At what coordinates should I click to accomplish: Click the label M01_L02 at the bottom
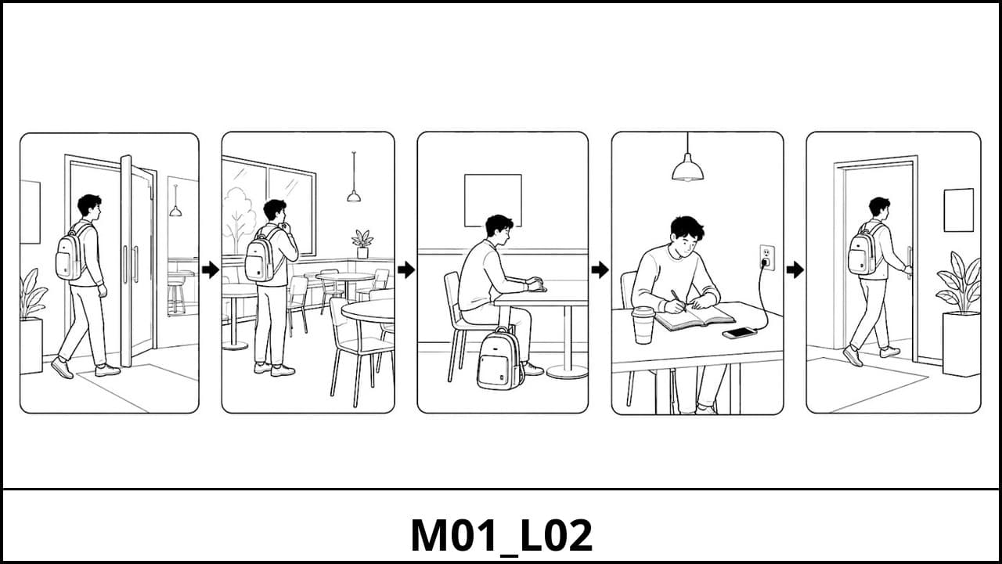(502, 536)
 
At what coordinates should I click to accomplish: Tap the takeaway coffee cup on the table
(643, 325)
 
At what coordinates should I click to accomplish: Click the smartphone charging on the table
(740, 333)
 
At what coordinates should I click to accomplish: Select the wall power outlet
(766, 258)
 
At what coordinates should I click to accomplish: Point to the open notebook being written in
(695, 316)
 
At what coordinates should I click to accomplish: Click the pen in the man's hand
(678, 300)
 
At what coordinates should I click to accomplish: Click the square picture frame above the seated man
(493, 201)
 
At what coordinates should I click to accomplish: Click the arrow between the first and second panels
(211, 270)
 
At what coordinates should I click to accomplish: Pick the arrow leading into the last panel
(795, 270)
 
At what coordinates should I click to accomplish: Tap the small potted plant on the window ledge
(362, 244)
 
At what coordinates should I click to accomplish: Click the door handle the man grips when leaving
(909, 262)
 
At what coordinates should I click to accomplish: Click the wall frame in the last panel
(959, 210)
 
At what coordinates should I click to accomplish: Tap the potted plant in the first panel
(32, 321)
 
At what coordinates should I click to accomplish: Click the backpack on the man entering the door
(71, 255)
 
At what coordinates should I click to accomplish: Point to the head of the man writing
(687, 236)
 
